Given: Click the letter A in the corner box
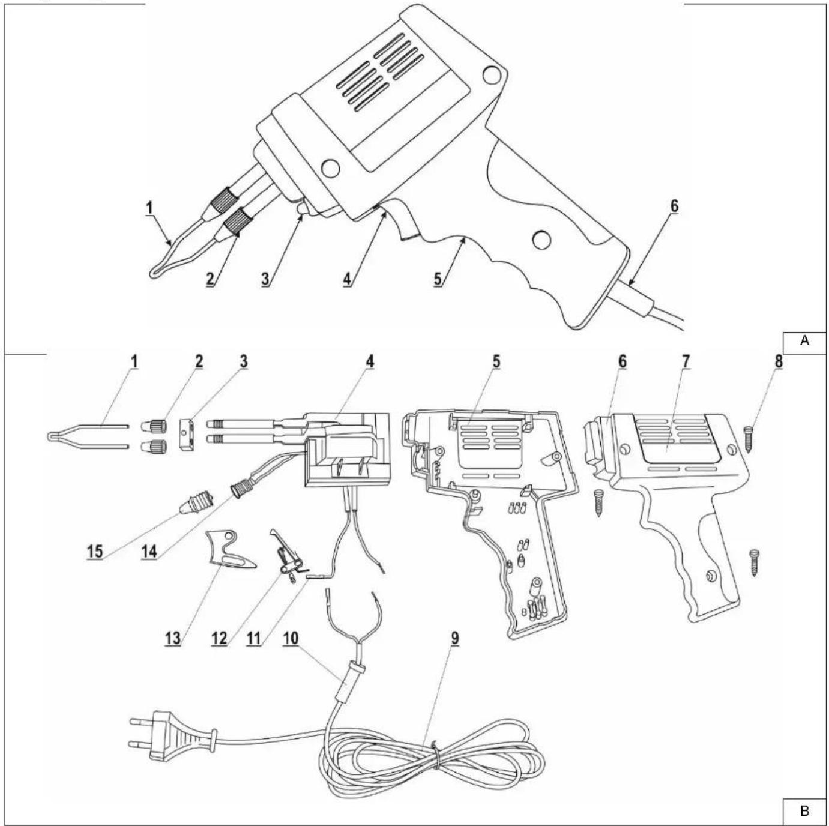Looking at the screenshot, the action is (x=804, y=340).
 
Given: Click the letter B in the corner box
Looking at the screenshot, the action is (x=804, y=811).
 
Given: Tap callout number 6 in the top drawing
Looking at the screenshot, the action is (x=674, y=206).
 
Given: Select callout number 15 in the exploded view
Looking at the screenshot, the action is (x=95, y=552).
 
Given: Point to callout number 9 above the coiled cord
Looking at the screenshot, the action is (x=454, y=639).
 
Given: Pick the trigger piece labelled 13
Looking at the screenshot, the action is (x=229, y=550).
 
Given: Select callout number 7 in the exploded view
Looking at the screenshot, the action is (x=686, y=362).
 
